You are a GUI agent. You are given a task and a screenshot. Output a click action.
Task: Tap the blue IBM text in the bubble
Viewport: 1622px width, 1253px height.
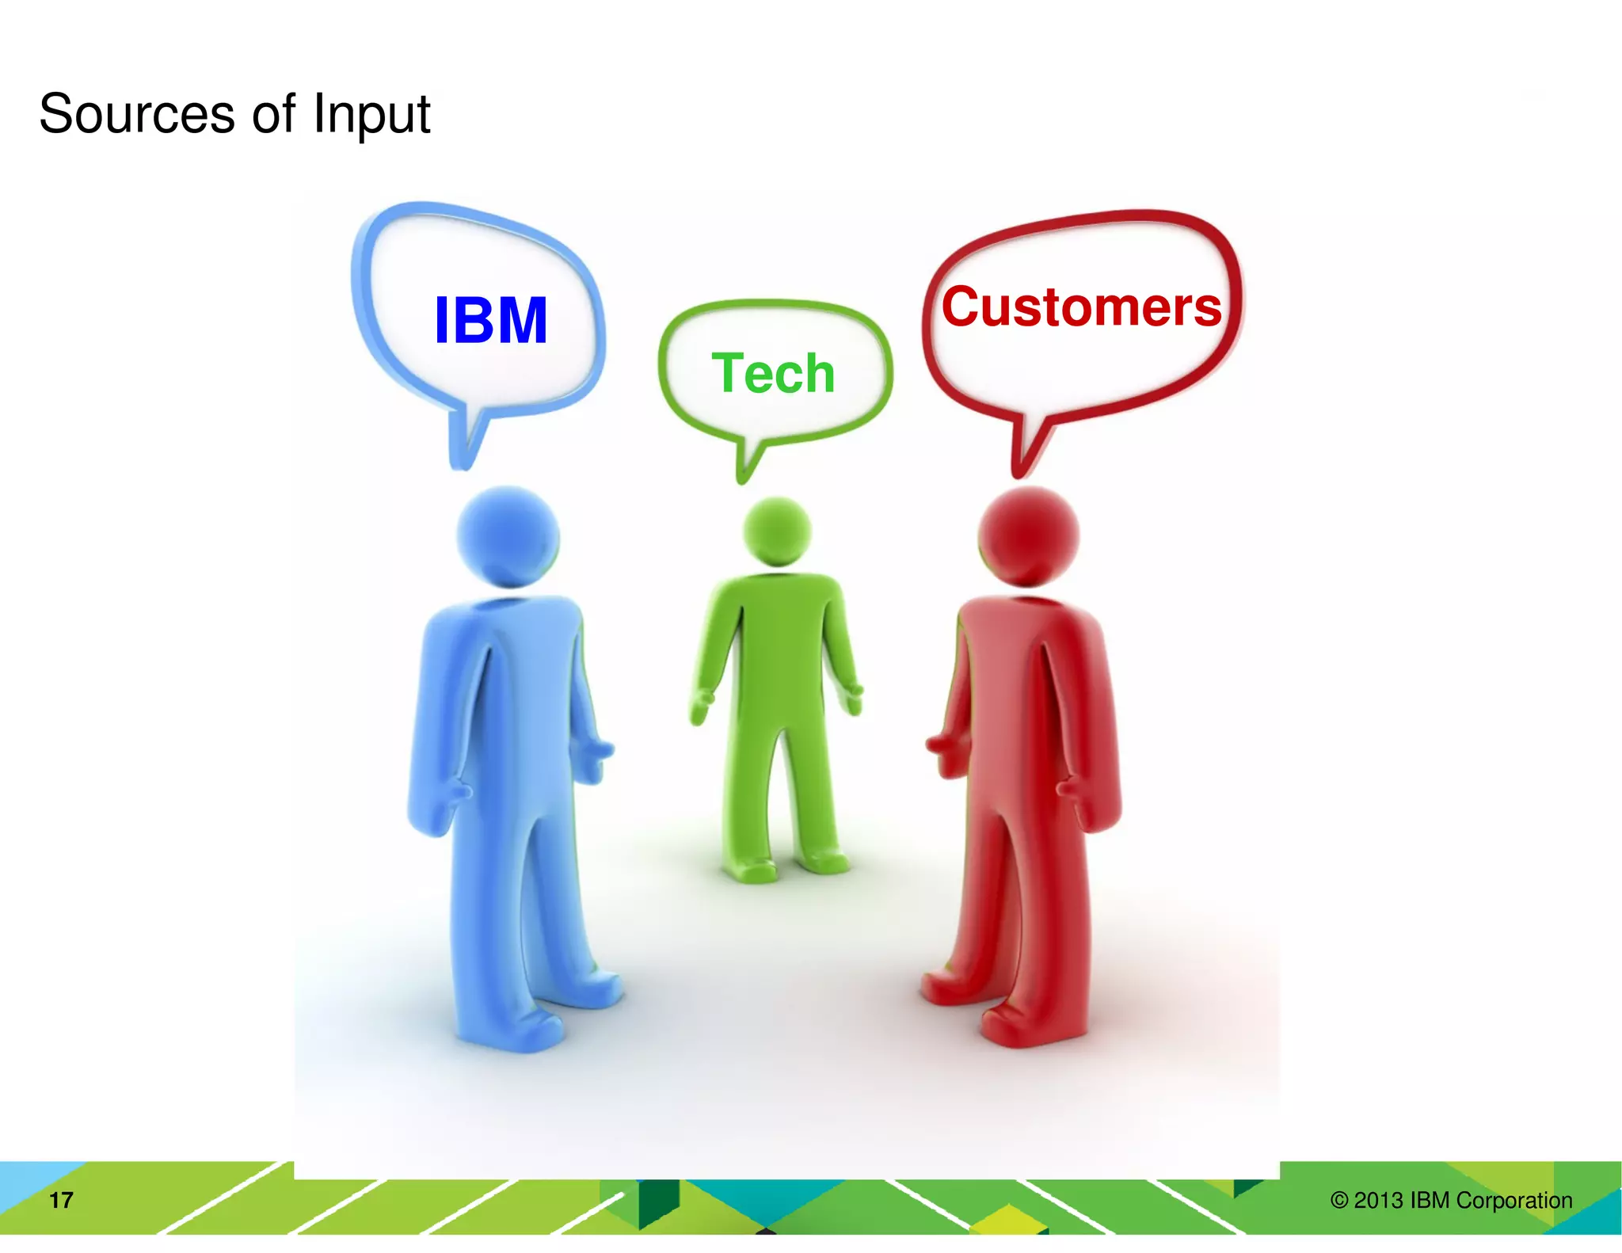pos(490,321)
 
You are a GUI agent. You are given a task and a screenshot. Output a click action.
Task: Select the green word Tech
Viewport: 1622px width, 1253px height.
pos(773,373)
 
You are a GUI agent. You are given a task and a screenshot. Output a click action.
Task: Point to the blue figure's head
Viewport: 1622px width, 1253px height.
pos(508,536)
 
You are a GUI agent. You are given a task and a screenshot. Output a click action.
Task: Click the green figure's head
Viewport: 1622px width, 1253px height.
pos(777,531)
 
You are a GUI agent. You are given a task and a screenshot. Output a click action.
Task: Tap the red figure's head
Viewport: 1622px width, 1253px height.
pos(1027,536)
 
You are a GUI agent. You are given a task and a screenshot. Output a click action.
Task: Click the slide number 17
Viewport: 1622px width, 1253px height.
pos(61,1200)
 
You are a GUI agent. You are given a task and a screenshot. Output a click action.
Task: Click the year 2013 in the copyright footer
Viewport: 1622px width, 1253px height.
pos(1378,1200)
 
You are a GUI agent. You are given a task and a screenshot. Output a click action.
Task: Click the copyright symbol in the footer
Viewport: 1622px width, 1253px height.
pos(1338,1200)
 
